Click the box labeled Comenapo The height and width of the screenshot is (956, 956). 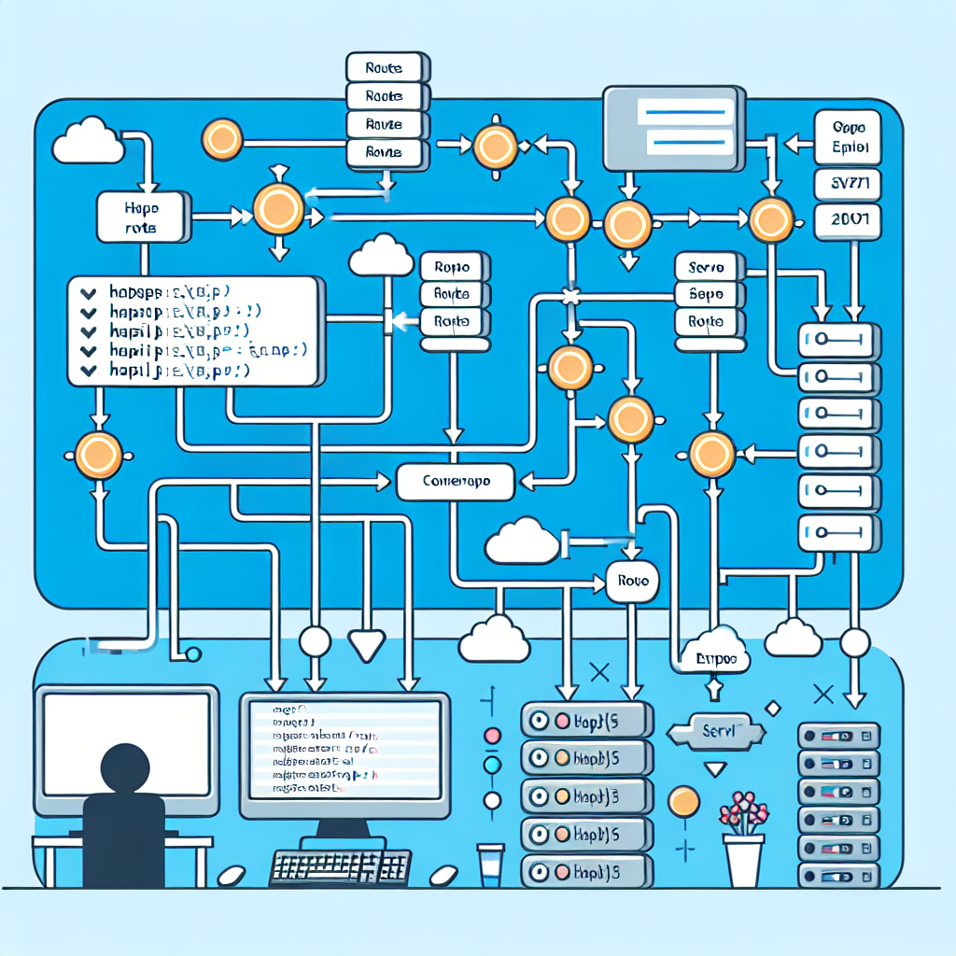click(x=456, y=483)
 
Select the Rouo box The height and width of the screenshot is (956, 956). click(x=631, y=581)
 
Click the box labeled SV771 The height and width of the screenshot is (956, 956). click(x=848, y=184)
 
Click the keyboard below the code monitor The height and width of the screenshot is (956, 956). click(x=340, y=866)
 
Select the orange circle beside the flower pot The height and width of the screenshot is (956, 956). click(x=684, y=801)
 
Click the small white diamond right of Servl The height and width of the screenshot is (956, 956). click(x=773, y=709)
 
